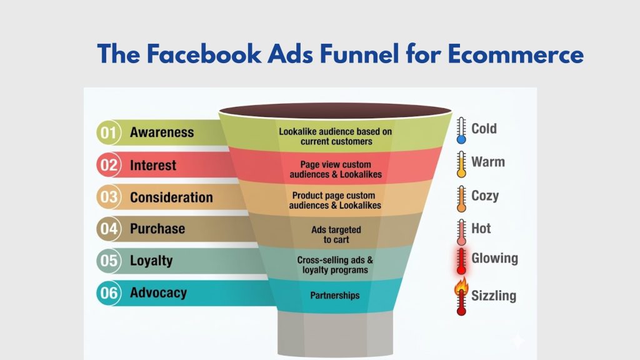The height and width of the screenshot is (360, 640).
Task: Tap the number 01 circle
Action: pyautogui.click(x=109, y=133)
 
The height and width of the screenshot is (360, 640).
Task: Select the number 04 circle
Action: pyautogui.click(x=109, y=229)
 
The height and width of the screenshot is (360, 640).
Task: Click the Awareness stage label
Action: pyautogui.click(x=162, y=132)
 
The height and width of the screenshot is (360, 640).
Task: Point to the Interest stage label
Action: pyautogui.click(x=153, y=166)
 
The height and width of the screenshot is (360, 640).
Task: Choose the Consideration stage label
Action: pyautogui.click(x=171, y=197)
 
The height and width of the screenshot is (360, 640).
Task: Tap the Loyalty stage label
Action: pyautogui.click(x=151, y=261)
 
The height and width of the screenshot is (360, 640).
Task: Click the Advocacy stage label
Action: pyautogui.click(x=158, y=292)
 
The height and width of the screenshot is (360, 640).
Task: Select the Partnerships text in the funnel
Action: pyautogui.click(x=335, y=295)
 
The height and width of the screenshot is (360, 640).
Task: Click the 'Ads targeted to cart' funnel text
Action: pyautogui.click(x=336, y=234)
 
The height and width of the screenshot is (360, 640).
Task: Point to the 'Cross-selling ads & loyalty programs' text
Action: pyautogui.click(x=336, y=265)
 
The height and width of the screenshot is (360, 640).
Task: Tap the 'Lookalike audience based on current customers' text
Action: pyautogui.click(x=336, y=136)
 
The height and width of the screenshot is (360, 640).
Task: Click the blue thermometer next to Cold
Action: pyautogui.click(x=461, y=131)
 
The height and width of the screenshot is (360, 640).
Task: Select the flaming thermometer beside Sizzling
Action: pyautogui.click(x=462, y=297)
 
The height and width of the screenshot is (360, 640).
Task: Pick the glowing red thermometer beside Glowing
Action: pyautogui.click(x=462, y=261)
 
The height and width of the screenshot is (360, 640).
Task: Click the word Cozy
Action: pyautogui.click(x=485, y=196)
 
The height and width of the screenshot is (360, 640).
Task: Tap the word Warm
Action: pyautogui.click(x=488, y=162)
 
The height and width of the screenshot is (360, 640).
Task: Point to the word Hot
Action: pyautogui.click(x=481, y=228)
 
